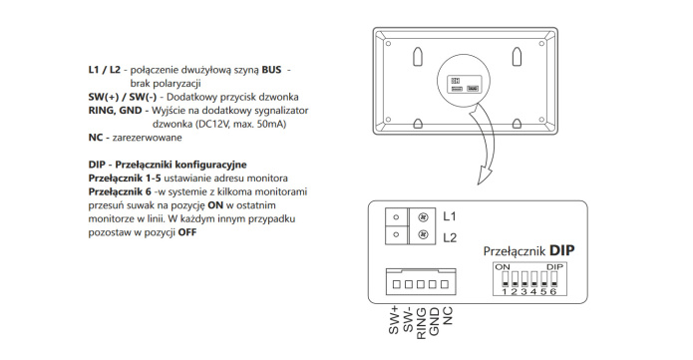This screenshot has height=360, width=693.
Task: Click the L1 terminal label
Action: point(449,216)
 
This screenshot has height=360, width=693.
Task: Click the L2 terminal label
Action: point(450,238)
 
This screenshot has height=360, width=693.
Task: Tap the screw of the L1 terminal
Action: point(424,217)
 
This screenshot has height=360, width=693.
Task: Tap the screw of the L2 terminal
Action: point(424,234)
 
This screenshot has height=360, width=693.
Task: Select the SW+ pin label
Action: point(394,321)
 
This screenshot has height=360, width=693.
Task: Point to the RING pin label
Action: point(422,324)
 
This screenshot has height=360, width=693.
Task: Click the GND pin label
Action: point(435,321)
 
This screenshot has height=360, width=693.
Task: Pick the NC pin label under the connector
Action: point(448,316)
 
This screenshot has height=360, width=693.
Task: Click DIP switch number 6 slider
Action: point(553,279)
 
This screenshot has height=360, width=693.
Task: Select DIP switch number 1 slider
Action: point(505,279)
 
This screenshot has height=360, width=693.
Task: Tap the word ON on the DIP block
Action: point(503,267)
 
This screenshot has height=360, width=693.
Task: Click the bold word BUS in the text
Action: point(271,70)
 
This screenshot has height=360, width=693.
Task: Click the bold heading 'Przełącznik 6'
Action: point(120,191)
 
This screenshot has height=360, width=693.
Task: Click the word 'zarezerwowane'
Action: point(148,138)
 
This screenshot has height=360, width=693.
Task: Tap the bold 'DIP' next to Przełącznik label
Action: point(562,250)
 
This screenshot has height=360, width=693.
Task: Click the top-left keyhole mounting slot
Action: point(418,56)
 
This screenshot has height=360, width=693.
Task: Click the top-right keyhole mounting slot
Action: point(517,56)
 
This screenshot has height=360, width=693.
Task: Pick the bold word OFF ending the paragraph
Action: point(186,232)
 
